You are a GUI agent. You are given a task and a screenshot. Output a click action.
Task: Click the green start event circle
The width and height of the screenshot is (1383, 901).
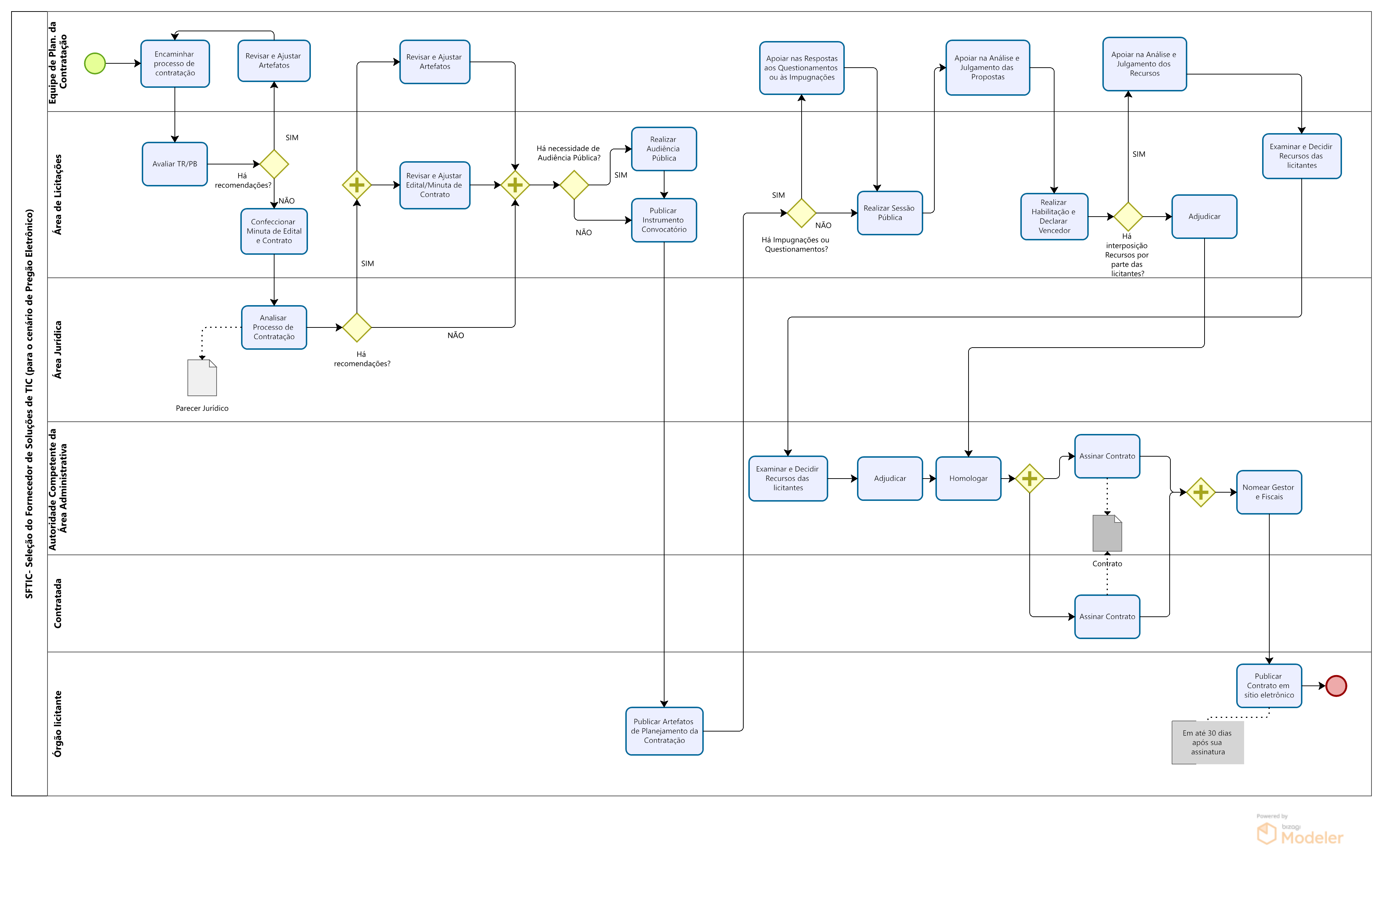point(95,63)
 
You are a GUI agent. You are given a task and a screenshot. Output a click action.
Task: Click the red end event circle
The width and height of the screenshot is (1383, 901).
point(1336,686)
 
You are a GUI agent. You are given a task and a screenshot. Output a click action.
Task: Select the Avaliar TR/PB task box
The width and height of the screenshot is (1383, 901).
point(175,164)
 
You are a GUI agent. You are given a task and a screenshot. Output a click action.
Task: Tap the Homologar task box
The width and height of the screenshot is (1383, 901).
point(968,479)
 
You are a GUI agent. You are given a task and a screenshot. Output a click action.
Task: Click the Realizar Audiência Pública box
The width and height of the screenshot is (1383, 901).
point(663,149)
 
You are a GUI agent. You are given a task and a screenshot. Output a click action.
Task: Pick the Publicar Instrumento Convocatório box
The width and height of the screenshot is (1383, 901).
point(663,220)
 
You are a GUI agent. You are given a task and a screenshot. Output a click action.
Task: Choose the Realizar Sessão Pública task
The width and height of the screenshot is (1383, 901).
point(890,213)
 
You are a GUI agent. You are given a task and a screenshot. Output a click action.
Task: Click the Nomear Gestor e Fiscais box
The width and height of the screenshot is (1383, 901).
point(1269,492)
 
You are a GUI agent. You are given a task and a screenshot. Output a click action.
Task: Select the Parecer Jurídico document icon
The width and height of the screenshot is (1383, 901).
point(201,378)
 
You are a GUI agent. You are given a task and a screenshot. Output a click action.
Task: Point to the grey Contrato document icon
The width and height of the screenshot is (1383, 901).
point(1107,533)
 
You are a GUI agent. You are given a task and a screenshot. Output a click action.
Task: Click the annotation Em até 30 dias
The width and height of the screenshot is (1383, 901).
point(1207,742)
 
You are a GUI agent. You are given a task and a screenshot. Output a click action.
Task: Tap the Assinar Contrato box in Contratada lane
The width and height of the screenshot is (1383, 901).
point(1107,617)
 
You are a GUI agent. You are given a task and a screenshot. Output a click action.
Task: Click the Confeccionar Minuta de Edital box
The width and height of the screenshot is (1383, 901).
point(274,231)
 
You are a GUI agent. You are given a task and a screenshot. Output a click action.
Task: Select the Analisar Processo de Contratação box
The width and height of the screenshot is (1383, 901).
point(274,327)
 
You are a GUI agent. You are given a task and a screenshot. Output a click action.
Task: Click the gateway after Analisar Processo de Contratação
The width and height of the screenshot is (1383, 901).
point(357,327)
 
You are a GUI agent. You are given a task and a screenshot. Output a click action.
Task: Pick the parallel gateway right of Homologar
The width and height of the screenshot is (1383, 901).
point(1030,479)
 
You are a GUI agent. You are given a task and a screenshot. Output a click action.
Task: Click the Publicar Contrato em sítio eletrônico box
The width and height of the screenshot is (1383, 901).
point(1269,686)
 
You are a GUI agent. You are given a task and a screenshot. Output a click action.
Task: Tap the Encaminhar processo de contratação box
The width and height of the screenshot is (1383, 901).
point(175,63)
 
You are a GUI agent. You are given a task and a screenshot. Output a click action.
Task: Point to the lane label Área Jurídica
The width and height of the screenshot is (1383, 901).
point(58,350)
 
